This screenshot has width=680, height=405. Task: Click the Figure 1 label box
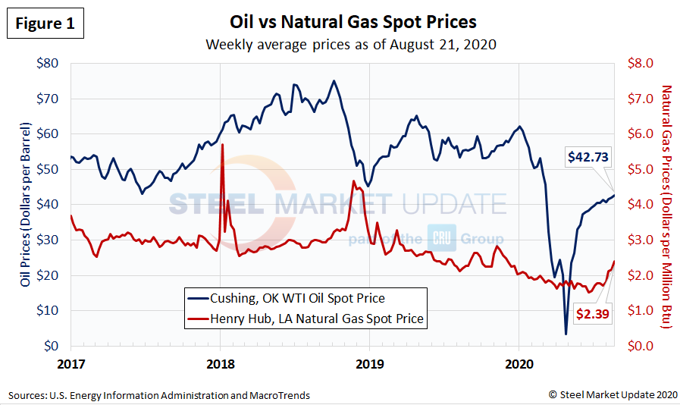45,24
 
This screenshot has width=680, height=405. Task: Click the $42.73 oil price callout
588,157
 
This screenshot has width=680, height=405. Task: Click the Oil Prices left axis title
25,205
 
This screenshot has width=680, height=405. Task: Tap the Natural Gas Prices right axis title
668,205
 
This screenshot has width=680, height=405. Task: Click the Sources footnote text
159,395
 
